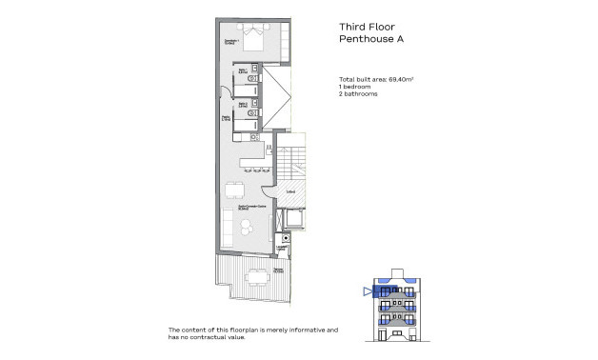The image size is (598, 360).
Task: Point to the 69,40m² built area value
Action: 406,79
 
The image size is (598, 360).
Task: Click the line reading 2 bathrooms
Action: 358,94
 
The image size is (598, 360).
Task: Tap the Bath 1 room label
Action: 244,71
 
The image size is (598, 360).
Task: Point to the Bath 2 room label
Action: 244,105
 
